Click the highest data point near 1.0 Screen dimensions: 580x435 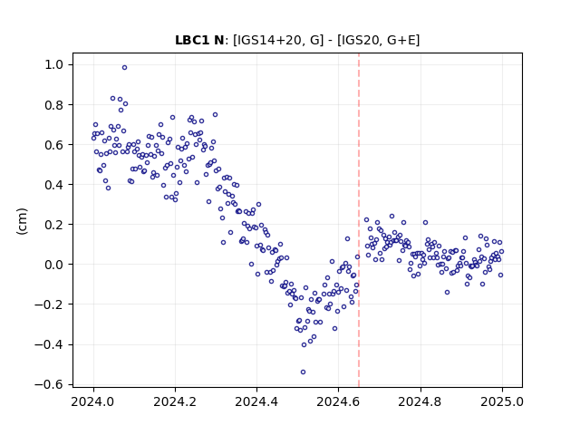pos(125,67)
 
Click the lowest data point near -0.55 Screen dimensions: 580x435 pos(303,372)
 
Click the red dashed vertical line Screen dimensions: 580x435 pos(359,220)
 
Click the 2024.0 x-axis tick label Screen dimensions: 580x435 pos(93,401)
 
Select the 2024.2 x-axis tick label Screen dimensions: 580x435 pos(175,401)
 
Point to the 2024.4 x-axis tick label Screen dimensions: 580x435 pos(256,401)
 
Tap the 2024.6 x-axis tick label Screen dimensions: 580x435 pos(338,401)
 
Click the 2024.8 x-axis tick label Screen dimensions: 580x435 pos(420,401)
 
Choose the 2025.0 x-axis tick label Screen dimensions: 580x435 pos(502,401)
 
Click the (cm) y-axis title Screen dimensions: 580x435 pos(22,221)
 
